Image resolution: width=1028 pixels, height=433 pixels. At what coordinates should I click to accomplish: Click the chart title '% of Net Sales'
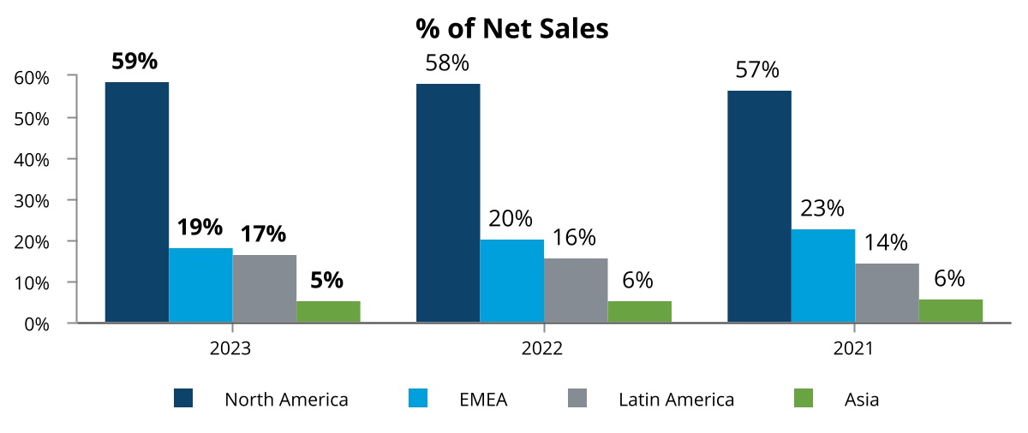click(512, 28)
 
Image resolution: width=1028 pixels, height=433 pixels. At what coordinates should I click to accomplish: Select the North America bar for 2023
click(137, 202)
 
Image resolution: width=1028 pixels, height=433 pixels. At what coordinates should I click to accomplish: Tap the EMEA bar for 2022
click(511, 281)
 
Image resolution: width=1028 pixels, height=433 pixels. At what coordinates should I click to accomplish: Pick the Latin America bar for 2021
click(887, 293)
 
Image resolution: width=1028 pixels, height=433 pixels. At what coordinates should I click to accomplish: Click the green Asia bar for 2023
click(328, 311)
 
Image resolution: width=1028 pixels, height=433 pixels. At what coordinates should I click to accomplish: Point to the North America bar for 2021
click(759, 206)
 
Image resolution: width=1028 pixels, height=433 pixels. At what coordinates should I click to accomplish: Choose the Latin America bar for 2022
click(576, 290)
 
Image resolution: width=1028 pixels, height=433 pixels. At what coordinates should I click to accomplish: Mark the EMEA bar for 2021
click(822, 276)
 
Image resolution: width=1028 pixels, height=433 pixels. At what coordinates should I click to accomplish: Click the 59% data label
click(136, 63)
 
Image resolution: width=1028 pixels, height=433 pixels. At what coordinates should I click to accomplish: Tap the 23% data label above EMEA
click(822, 209)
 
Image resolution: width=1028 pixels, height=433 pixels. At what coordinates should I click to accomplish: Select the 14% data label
click(887, 243)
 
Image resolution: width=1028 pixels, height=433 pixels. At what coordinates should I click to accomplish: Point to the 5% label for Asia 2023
click(327, 280)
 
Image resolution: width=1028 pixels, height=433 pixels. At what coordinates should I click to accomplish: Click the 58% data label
click(447, 63)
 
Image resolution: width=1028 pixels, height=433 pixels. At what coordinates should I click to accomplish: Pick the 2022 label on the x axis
click(542, 349)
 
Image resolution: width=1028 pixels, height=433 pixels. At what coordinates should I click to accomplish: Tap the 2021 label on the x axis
click(853, 349)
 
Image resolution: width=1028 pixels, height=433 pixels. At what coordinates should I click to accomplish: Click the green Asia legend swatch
click(803, 398)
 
